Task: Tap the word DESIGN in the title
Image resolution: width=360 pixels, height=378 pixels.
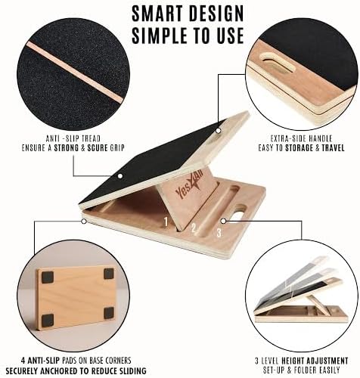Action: (x=216, y=13)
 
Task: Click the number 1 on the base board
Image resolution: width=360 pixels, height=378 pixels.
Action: (x=166, y=222)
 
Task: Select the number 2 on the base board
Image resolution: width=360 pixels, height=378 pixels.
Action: (x=194, y=228)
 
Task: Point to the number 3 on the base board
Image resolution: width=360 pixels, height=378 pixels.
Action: (x=219, y=232)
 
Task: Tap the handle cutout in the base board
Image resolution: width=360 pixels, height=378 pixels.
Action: (x=240, y=210)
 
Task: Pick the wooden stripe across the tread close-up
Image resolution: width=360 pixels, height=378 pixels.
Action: (x=76, y=73)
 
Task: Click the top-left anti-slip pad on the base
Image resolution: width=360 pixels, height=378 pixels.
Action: (x=47, y=277)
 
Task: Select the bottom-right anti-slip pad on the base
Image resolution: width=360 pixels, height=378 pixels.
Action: (x=109, y=313)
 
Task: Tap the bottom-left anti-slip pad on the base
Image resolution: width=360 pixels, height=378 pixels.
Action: (x=48, y=320)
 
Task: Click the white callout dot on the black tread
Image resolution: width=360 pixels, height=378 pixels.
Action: (x=120, y=176)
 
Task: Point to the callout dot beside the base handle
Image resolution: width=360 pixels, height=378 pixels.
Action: (x=223, y=221)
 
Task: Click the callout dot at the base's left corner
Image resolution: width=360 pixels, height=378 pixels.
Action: (x=84, y=222)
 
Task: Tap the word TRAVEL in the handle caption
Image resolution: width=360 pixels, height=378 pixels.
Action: (x=333, y=147)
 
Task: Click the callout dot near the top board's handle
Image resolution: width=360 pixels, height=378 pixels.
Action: (x=219, y=131)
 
